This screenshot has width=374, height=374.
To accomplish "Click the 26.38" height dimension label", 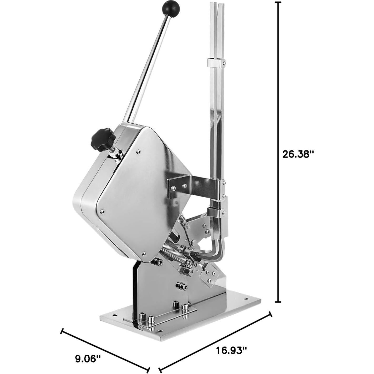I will pyautogui.click(x=298, y=154).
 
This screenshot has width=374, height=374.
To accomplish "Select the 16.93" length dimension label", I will pyautogui.click(x=231, y=350).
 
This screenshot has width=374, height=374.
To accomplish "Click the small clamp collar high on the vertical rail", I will pyautogui.click(x=217, y=63).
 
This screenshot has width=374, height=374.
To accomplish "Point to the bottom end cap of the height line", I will pyautogui.click(x=278, y=302).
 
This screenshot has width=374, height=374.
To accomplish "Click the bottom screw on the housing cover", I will pyautogui.click(x=143, y=253).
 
